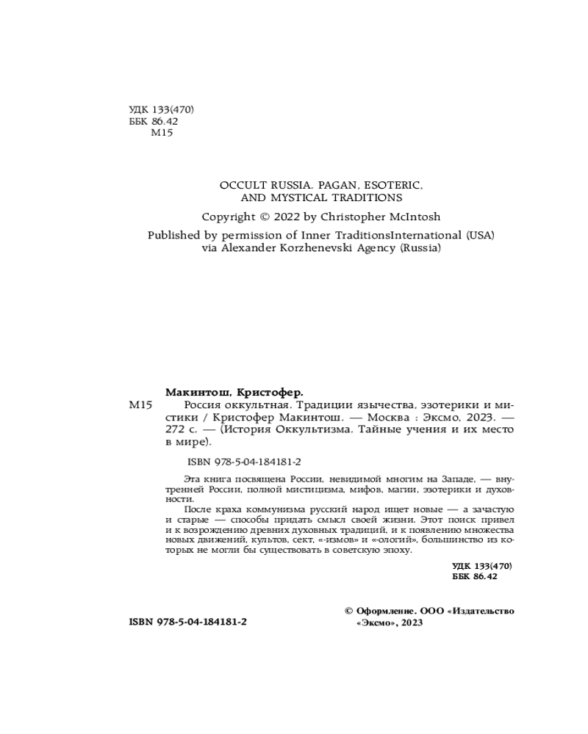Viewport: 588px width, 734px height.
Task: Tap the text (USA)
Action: [x=480, y=236]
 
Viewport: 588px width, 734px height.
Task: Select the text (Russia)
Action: [x=420, y=248]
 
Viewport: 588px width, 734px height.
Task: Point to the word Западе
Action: [x=456, y=476]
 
